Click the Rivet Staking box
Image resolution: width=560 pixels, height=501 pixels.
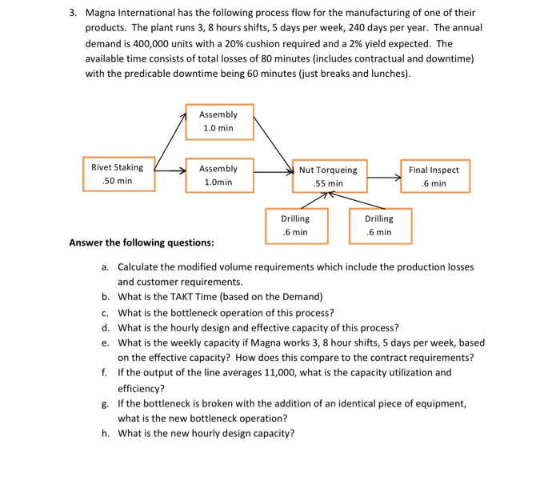[118, 174]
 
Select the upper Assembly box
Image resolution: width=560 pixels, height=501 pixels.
[219, 122]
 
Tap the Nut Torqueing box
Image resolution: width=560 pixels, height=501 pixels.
[328, 177]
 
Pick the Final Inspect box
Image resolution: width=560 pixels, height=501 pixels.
[434, 177]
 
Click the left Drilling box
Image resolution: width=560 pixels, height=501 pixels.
[295, 225]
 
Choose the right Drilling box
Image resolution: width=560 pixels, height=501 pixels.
[378, 225]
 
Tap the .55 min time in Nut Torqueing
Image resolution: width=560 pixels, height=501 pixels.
[328, 184]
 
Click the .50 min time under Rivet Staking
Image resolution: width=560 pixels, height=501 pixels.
[118, 182]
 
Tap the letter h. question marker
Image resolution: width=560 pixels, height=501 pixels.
[106, 433]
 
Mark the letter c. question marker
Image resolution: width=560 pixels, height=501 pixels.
[106, 312]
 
